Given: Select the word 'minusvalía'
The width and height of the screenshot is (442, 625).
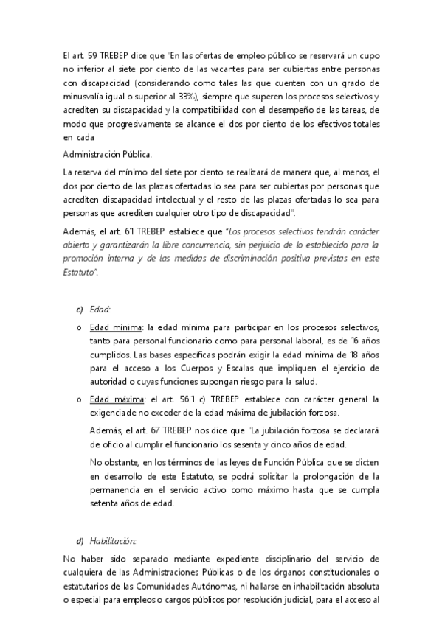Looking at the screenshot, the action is click(x=87, y=97).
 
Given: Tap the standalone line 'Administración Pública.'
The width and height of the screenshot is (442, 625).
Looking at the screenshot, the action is click(x=108, y=153).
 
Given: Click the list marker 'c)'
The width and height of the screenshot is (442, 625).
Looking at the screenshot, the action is click(x=80, y=309).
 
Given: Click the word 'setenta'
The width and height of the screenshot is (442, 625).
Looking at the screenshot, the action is click(x=106, y=503).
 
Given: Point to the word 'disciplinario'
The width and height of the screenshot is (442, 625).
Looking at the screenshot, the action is click(x=269, y=559).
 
